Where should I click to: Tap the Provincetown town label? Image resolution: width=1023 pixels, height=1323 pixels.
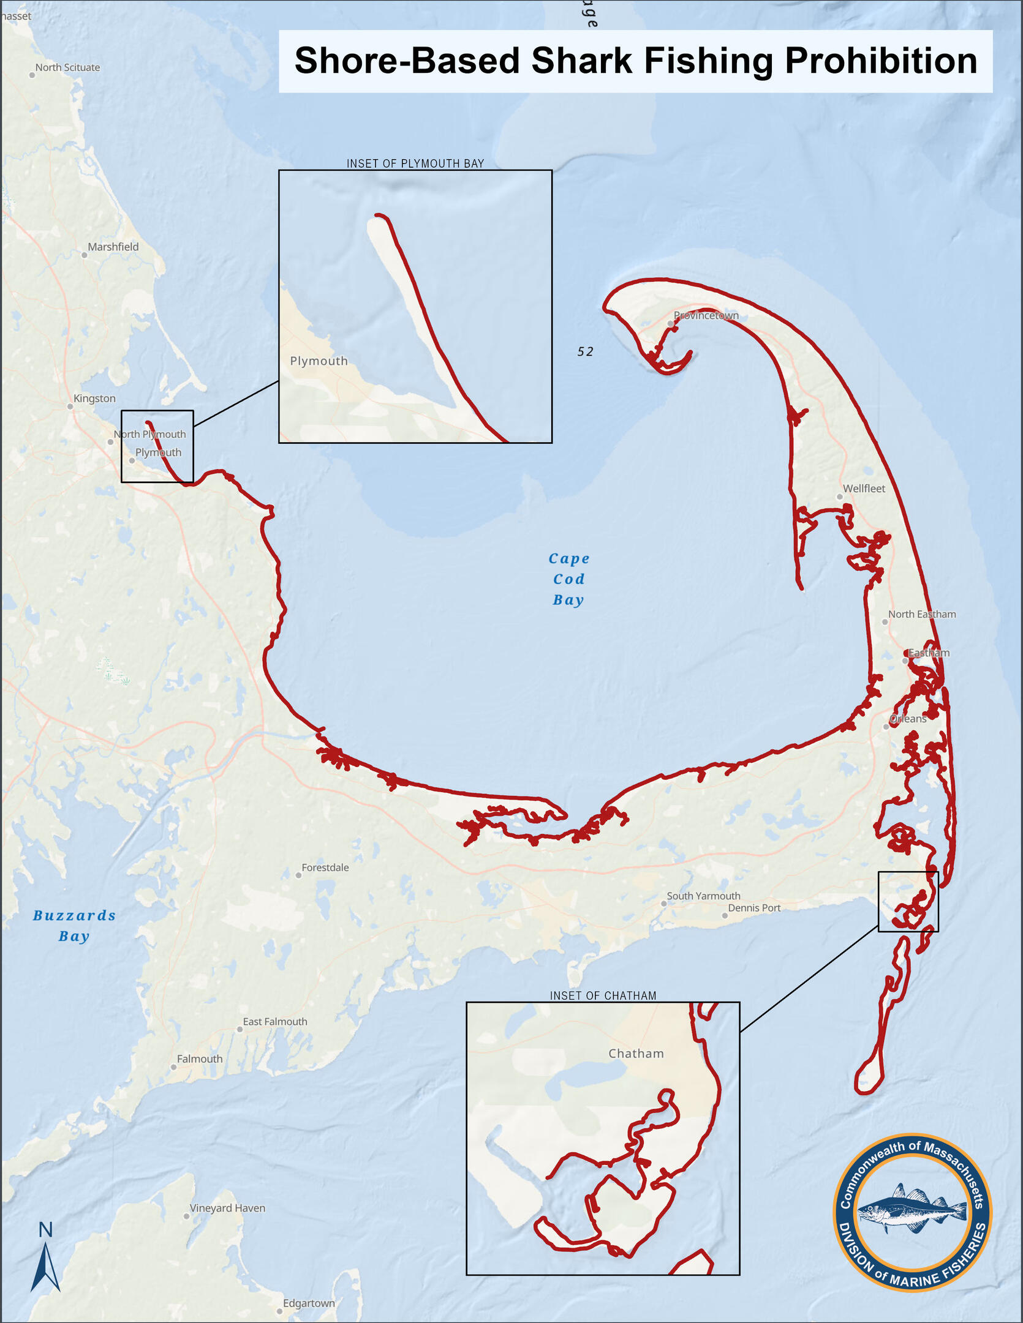[x=706, y=316]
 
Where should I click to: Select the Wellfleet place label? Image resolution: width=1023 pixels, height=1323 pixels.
[x=864, y=489]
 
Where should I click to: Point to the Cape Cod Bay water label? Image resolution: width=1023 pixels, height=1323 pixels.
[x=568, y=579]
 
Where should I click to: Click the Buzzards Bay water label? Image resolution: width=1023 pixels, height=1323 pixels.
[x=74, y=925]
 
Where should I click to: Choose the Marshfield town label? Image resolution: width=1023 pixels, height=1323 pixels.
[x=113, y=247]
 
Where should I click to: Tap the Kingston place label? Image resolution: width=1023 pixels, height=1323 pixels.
[x=94, y=399]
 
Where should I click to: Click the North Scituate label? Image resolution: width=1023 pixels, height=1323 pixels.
[x=67, y=67]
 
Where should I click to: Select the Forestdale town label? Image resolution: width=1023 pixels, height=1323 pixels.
[x=325, y=868]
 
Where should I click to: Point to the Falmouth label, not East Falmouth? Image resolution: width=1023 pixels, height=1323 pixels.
[x=200, y=1059]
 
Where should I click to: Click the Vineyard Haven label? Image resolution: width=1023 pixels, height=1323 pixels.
[x=227, y=1208]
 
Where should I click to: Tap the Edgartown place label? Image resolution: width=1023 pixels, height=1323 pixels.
[x=309, y=1303]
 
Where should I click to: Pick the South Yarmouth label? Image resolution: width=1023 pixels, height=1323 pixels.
[x=703, y=896]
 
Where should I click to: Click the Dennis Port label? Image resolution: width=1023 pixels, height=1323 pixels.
[x=754, y=908]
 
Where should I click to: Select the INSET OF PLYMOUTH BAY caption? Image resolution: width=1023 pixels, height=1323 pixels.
[x=415, y=163]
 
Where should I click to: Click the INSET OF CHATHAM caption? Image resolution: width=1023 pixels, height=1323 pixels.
[x=603, y=995]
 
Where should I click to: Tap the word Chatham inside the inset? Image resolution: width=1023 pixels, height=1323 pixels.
[x=636, y=1054]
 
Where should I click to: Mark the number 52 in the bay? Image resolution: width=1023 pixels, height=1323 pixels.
[x=586, y=351]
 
